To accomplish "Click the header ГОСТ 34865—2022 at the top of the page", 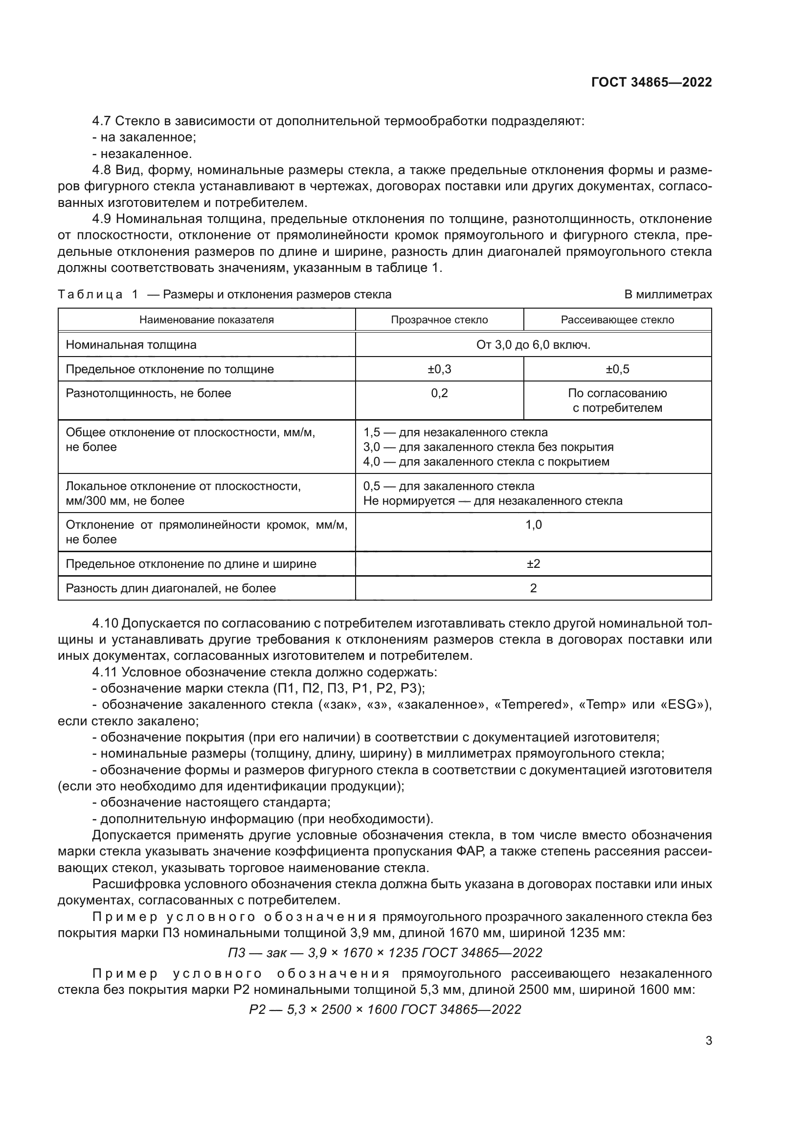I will point(651,82).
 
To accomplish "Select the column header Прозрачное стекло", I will point(439,320).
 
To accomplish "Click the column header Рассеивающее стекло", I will point(617,320).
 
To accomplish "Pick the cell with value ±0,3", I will point(439,369).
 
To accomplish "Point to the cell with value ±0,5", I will point(617,369).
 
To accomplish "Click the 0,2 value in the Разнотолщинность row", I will point(439,393).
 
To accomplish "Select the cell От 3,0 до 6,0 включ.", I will point(533,345).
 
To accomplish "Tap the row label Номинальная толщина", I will point(131,345).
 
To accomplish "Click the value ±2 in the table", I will point(533,563).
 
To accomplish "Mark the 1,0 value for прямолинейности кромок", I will point(533,525).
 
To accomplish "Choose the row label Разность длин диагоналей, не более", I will point(170,588).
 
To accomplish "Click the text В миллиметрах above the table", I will point(668,294).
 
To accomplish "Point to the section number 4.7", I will point(102,121).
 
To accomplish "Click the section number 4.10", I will point(105,623).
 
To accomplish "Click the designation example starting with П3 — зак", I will point(384,952).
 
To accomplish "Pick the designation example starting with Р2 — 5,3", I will point(384,1009).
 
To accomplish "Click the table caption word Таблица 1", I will point(98,294).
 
